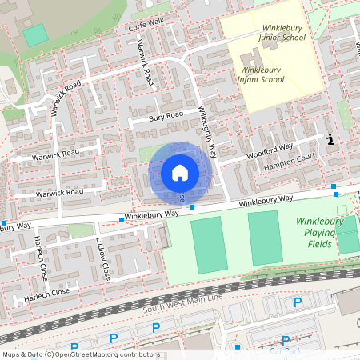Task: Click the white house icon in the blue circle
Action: pyautogui.click(x=179, y=172)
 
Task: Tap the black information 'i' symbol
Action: pyautogui.click(x=331, y=139)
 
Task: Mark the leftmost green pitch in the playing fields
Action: pyautogui.click(x=208, y=244)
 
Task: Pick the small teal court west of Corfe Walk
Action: pyautogui.click(x=34, y=35)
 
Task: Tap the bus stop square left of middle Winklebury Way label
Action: pyautogui.click(x=121, y=218)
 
